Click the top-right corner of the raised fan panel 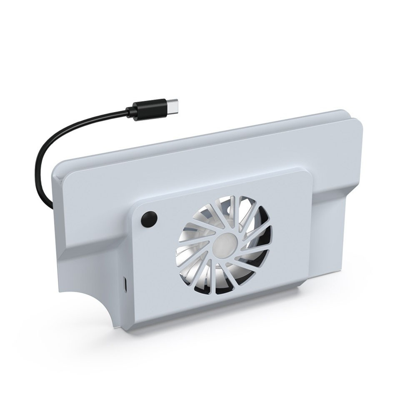point(309,172)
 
